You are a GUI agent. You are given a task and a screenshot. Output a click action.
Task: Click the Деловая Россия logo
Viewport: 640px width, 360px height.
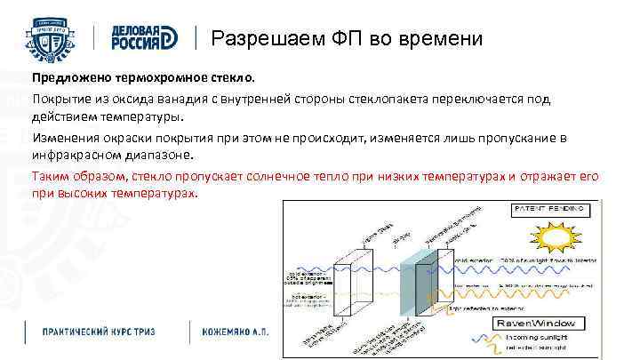pyautogui.click(x=145, y=39)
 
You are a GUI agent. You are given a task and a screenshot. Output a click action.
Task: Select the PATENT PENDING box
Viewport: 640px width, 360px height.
pyautogui.click(x=549, y=210)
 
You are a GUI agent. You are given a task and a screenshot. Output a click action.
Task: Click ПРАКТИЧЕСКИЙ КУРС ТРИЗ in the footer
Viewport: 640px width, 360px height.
pyautogui.click(x=99, y=332)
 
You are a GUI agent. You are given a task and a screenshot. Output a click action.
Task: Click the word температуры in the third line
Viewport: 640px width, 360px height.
pyautogui.click(x=142, y=116)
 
